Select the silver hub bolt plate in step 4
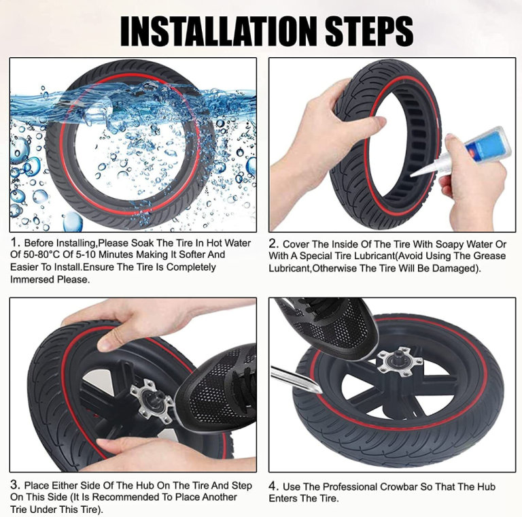tap(400, 361)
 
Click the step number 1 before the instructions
tap(14, 242)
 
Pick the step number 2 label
tap(273, 244)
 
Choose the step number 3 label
tap(16, 484)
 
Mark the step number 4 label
tap(274, 486)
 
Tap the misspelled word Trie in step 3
tap(18, 510)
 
